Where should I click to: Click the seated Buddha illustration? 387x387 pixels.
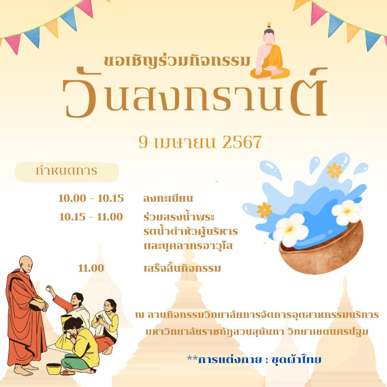(x=269, y=53)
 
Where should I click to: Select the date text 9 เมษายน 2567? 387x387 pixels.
(x=200, y=142)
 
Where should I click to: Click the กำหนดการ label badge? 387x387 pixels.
(x=67, y=171)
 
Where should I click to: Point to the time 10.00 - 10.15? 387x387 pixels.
(x=91, y=198)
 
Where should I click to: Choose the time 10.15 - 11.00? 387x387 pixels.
(x=91, y=217)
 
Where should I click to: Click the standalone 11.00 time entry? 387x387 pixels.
(x=91, y=268)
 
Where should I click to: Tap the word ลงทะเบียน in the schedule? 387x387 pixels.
(x=168, y=199)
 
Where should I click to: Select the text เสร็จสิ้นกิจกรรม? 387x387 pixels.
(x=182, y=268)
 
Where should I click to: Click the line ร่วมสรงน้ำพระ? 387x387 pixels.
(x=179, y=217)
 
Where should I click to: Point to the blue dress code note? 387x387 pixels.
(x=254, y=360)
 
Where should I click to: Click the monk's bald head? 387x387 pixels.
(x=26, y=264)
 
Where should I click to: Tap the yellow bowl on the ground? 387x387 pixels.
(x=54, y=369)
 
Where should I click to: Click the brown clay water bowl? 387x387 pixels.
(x=321, y=249)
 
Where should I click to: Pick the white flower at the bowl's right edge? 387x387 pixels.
(x=347, y=212)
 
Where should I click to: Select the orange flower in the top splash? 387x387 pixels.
(x=334, y=170)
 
